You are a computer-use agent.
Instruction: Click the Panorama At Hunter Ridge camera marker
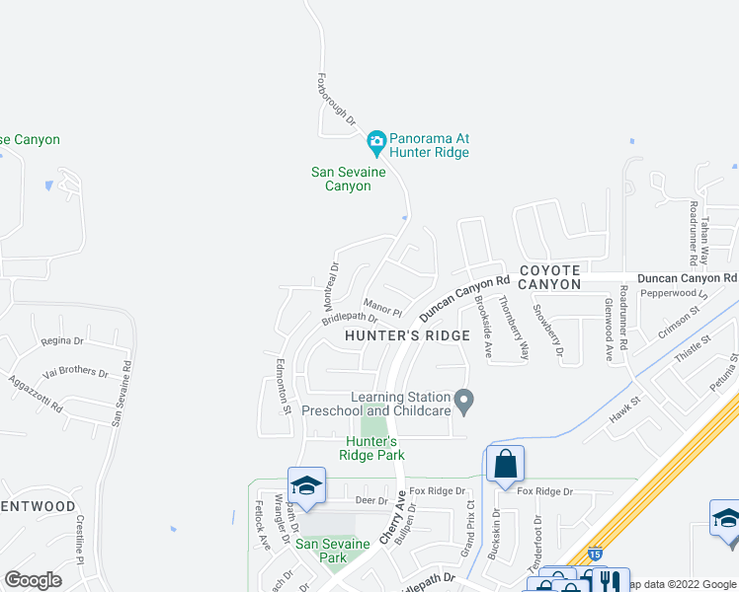pyautogui.click(x=375, y=144)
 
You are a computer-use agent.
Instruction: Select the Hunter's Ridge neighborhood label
pyautogui.click(x=407, y=335)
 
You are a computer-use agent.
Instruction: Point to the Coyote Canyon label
pyautogui.click(x=550, y=276)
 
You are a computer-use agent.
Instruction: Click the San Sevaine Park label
pyautogui.click(x=333, y=551)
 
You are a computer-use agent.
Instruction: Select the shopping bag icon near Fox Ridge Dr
pyautogui.click(x=505, y=463)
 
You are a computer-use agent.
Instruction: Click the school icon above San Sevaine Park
pyautogui.click(x=306, y=485)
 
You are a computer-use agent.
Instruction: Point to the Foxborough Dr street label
pyautogui.click(x=335, y=97)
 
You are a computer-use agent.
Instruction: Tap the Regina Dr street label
pyautogui.click(x=64, y=340)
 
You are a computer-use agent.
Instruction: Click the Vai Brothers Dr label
pyautogui.click(x=76, y=372)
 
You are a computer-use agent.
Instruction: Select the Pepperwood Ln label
pyautogui.click(x=675, y=294)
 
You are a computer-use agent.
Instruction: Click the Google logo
pyautogui.click(x=34, y=580)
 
